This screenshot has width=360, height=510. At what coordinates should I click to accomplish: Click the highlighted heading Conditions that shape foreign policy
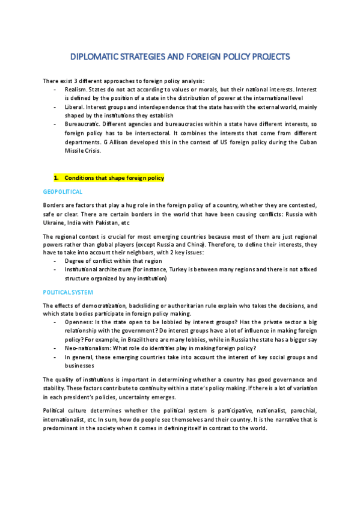pos(114,178)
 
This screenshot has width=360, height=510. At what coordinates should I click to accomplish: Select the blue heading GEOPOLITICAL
pos(63,191)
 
